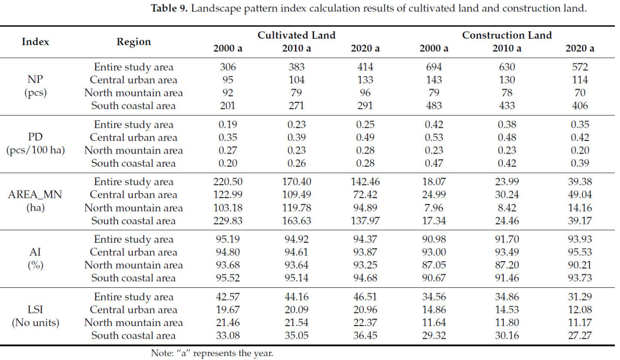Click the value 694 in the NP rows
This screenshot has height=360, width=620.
coord(434,67)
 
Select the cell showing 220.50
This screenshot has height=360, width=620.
coord(228,182)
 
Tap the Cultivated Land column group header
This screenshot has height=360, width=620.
coord(296,35)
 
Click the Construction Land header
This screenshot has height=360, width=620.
coord(507,35)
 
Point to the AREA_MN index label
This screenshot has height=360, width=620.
coord(35,195)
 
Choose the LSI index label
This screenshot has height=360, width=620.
coord(35,310)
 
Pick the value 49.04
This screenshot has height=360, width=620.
coord(580,195)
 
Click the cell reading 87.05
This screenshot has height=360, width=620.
coord(434,265)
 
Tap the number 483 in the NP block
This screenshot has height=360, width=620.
coord(434,106)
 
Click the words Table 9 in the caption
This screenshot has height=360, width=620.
coord(169,8)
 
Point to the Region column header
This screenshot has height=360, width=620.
coord(134,42)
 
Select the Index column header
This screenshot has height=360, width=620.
coord(35,42)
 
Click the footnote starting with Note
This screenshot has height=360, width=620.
coord(212,353)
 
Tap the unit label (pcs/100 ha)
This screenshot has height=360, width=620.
coord(35,150)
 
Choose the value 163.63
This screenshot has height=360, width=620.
coord(296,221)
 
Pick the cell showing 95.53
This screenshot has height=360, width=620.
coord(580,252)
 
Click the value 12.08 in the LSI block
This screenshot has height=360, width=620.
coord(580,310)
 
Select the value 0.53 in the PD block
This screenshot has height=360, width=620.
coord(434,138)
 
